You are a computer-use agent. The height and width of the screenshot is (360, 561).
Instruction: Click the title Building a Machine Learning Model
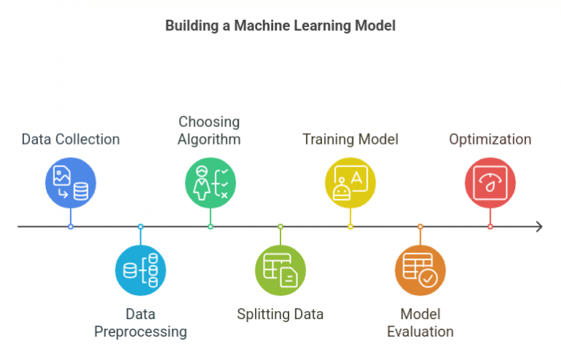tap(280, 26)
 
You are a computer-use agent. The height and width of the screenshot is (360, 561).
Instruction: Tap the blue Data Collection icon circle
tap(70, 183)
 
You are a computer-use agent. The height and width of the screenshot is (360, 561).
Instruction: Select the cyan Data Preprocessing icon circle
tap(140, 270)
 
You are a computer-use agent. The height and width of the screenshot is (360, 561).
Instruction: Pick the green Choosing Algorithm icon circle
tap(210, 183)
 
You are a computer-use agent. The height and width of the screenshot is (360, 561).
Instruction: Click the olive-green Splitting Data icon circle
tap(280, 270)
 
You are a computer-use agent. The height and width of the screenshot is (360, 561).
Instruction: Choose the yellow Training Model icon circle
tap(350, 183)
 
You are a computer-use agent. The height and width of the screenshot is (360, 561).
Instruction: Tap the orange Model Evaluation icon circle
tap(420, 270)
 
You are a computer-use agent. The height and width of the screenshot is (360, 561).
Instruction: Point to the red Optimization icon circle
tap(490, 183)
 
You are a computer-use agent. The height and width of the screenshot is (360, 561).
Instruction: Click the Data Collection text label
tap(70, 139)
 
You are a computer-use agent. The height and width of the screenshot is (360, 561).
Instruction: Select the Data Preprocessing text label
tap(140, 323)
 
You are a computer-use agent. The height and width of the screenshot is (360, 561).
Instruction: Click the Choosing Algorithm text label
tap(209, 130)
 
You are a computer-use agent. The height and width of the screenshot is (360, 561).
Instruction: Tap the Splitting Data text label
tap(280, 315)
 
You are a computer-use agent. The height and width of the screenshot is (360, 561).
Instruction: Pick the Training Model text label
tap(351, 139)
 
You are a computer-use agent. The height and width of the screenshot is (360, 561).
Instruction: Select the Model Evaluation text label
tap(420, 323)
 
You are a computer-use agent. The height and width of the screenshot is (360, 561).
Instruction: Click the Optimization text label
tap(490, 139)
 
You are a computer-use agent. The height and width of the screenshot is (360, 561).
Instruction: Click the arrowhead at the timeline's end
tap(539, 226)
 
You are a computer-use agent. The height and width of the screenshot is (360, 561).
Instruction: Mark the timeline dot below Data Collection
tap(70, 226)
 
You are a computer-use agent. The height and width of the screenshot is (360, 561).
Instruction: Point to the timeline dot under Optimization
tap(490, 226)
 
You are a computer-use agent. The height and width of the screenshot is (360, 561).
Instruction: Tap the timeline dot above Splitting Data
tap(280, 226)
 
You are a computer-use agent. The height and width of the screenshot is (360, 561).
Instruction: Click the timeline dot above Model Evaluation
tap(420, 226)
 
